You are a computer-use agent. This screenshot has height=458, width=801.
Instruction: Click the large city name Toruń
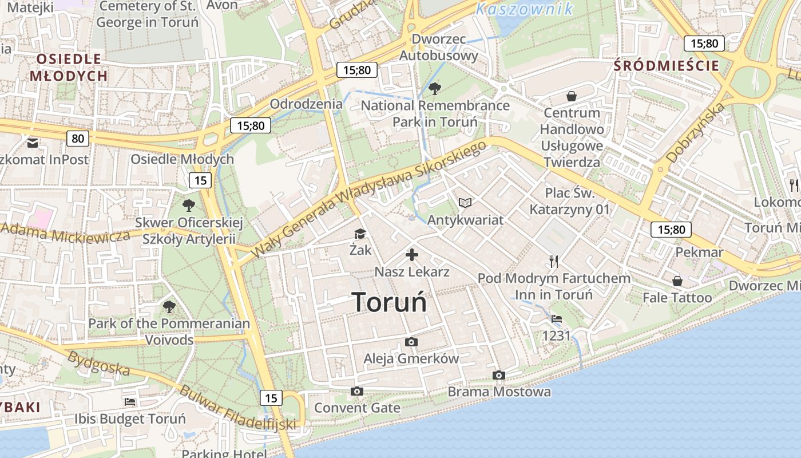(389, 302)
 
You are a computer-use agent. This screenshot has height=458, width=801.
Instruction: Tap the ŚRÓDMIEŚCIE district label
(666, 66)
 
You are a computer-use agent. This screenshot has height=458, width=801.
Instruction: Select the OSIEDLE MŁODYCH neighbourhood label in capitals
(69, 67)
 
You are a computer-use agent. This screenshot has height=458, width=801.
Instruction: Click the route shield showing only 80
(78, 138)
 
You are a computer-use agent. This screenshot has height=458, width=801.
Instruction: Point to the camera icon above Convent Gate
(357, 392)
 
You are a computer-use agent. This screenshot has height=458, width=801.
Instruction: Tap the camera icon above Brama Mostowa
(499, 376)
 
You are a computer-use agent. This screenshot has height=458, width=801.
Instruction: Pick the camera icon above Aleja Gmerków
(411, 342)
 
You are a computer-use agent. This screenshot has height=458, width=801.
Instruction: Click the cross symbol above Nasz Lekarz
(412, 255)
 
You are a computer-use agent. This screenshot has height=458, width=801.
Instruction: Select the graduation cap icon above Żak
(360, 234)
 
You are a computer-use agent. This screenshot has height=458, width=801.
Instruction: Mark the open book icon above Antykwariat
(465, 203)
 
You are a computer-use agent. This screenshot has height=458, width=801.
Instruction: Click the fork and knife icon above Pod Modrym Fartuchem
(553, 262)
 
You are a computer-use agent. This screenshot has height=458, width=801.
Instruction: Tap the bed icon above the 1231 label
(557, 319)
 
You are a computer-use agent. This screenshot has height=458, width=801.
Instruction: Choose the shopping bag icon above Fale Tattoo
(677, 281)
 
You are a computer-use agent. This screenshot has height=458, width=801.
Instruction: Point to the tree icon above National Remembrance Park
(435, 89)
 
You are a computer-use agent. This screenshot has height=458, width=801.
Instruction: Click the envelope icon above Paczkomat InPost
(33, 141)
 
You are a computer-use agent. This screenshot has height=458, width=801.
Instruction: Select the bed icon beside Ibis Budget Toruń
(130, 402)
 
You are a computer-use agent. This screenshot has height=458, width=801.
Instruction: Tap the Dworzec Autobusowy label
(438, 48)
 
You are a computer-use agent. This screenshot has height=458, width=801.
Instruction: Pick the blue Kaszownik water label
(524, 9)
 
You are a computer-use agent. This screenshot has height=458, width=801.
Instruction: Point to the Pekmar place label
(699, 252)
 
